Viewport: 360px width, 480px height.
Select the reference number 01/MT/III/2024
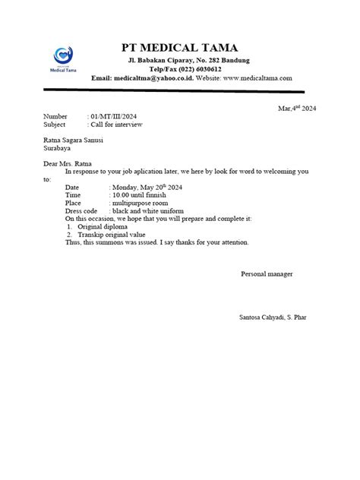115,116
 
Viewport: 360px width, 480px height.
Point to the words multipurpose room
142,204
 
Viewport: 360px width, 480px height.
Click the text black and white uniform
151,211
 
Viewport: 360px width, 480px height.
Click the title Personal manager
267,273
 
